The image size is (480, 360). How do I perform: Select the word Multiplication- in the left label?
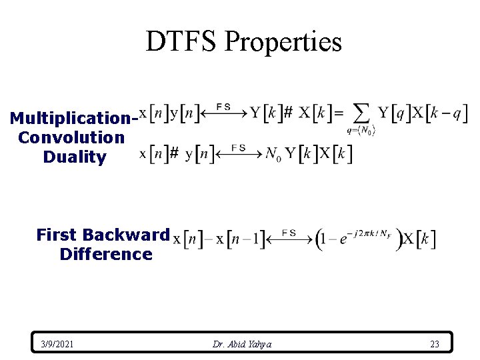tap(74, 119)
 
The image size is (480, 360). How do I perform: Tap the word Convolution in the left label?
tap(71, 138)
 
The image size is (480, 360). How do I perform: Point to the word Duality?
tap(74, 157)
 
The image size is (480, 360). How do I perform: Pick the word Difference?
tap(105, 254)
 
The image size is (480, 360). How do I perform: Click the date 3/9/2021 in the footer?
tap(57, 344)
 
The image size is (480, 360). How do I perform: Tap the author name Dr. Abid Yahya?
tap(242, 344)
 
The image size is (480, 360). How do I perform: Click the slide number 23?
tap(435, 344)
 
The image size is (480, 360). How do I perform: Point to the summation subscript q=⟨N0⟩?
tap(361, 131)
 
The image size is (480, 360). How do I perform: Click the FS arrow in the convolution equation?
tap(239, 152)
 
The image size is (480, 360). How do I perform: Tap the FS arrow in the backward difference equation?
tap(289, 238)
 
